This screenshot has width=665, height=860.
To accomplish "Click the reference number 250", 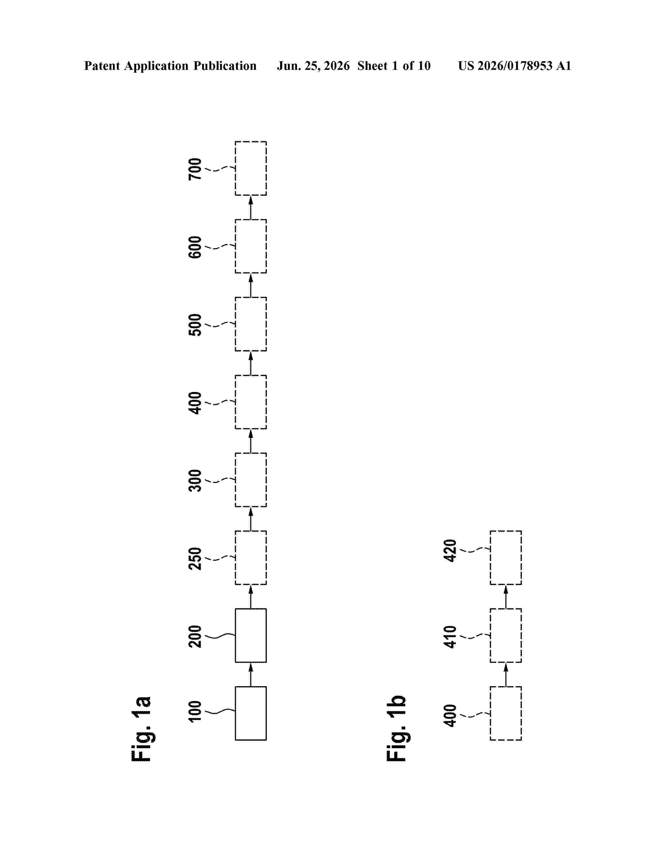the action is [x=195, y=558].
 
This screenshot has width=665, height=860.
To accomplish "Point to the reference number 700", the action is [x=195, y=169].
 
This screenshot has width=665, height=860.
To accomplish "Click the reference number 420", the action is [x=450, y=550].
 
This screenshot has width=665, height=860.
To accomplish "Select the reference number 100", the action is [x=195, y=711].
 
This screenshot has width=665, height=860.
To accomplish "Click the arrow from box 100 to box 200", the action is [x=251, y=674].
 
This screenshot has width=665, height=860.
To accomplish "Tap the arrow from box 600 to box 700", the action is [x=251, y=207].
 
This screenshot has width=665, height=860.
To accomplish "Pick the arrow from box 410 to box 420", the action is [x=506, y=597].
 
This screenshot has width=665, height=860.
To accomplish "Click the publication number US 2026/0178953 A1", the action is [x=515, y=66].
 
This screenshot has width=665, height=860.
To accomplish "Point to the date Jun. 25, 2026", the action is [x=313, y=66].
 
